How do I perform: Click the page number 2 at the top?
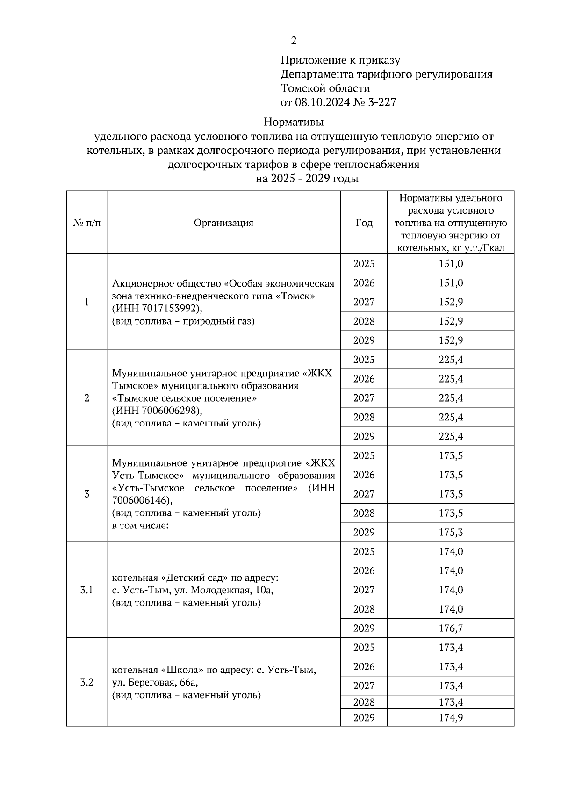pyautogui.click(x=294, y=41)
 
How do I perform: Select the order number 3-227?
pyautogui.click(x=382, y=102)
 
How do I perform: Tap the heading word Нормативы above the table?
pyautogui.click(x=294, y=123)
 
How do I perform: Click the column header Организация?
pyautogui.click(x=223, y=223)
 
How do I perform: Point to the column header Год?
pyautogui.click(x=364, y=223)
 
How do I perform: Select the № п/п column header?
pyautogui.click(x=86, y=223)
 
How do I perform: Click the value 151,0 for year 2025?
pyautogui.click(x=451, y=264)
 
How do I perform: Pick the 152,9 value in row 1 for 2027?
pyautogui.click(x=451, y=302)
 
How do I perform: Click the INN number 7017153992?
pyautogui.click(x=163, y=309)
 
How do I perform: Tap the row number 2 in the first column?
pyautogui.click(x=86, y=398)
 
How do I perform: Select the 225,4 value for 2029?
pyautogui.click(x=451, y=437)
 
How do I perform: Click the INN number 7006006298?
pyautogui.click(x=163, y=411)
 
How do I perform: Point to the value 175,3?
pyautogui.click(x=451, y=533)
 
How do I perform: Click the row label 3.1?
pyautogui.click(x=86, y=590)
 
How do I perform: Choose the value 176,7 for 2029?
pyautogui.click(x=451, y=628)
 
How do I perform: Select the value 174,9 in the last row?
pyautogui.click(x=451, y=718)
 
